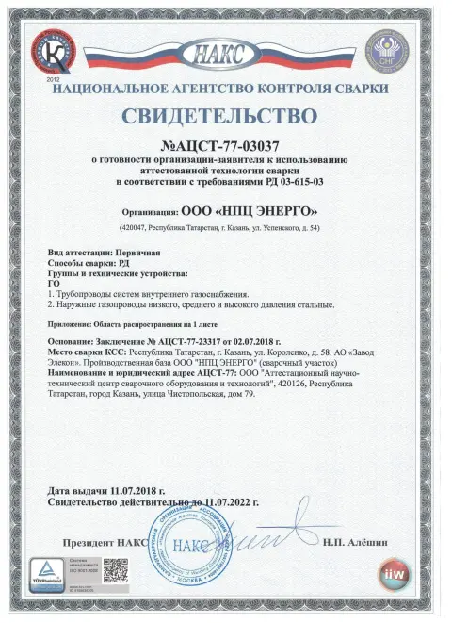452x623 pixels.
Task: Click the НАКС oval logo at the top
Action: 225,53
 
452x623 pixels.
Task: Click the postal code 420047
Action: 141,229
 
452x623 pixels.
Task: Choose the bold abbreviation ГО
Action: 53,284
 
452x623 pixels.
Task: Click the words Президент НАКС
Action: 104,544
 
